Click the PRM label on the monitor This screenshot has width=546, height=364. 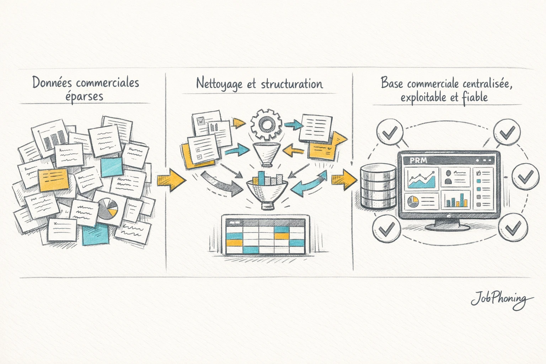[418, 160]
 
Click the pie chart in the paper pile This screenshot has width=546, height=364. [108, 209]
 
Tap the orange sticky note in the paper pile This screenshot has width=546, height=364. [53, 180]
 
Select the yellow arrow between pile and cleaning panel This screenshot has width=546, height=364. [171, 180]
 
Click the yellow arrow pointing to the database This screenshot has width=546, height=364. [344, 179]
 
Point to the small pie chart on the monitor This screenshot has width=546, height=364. [413, 201]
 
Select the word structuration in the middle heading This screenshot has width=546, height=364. [291, 84]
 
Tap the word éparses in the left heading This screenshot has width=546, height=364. [84, 96]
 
